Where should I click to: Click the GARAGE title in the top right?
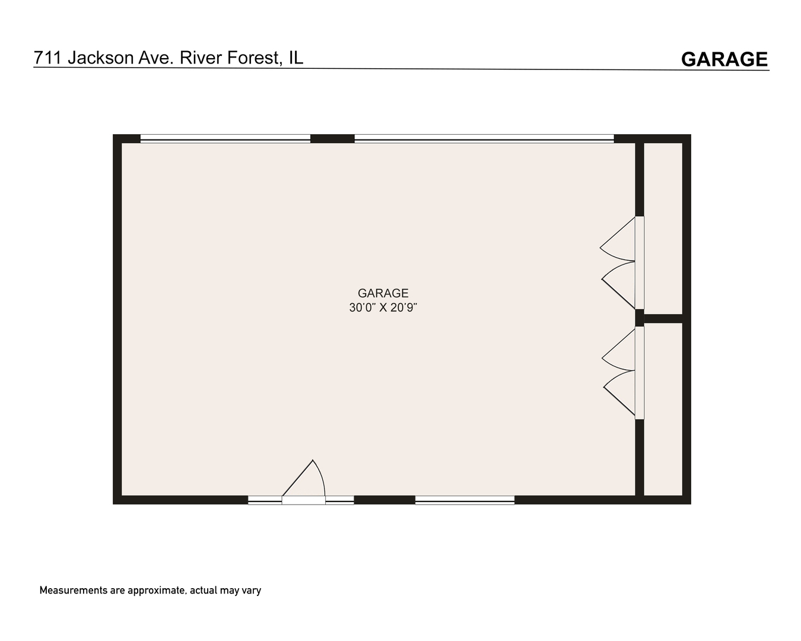(x=724, y=59)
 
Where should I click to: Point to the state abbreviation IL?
(x=295, y=58)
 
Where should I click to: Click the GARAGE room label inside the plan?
(x=383, y=293)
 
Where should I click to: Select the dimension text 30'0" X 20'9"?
(x=387, y=308)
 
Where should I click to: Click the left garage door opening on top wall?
(x=225, y=139)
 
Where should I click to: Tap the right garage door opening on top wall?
(x=484, y=139)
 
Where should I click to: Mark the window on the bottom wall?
(x=465, y=500)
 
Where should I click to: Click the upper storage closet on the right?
(x=663, y=229)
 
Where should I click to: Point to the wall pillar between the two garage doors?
(x=332, y=139)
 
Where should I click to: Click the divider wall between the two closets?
(x=663, y=319)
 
